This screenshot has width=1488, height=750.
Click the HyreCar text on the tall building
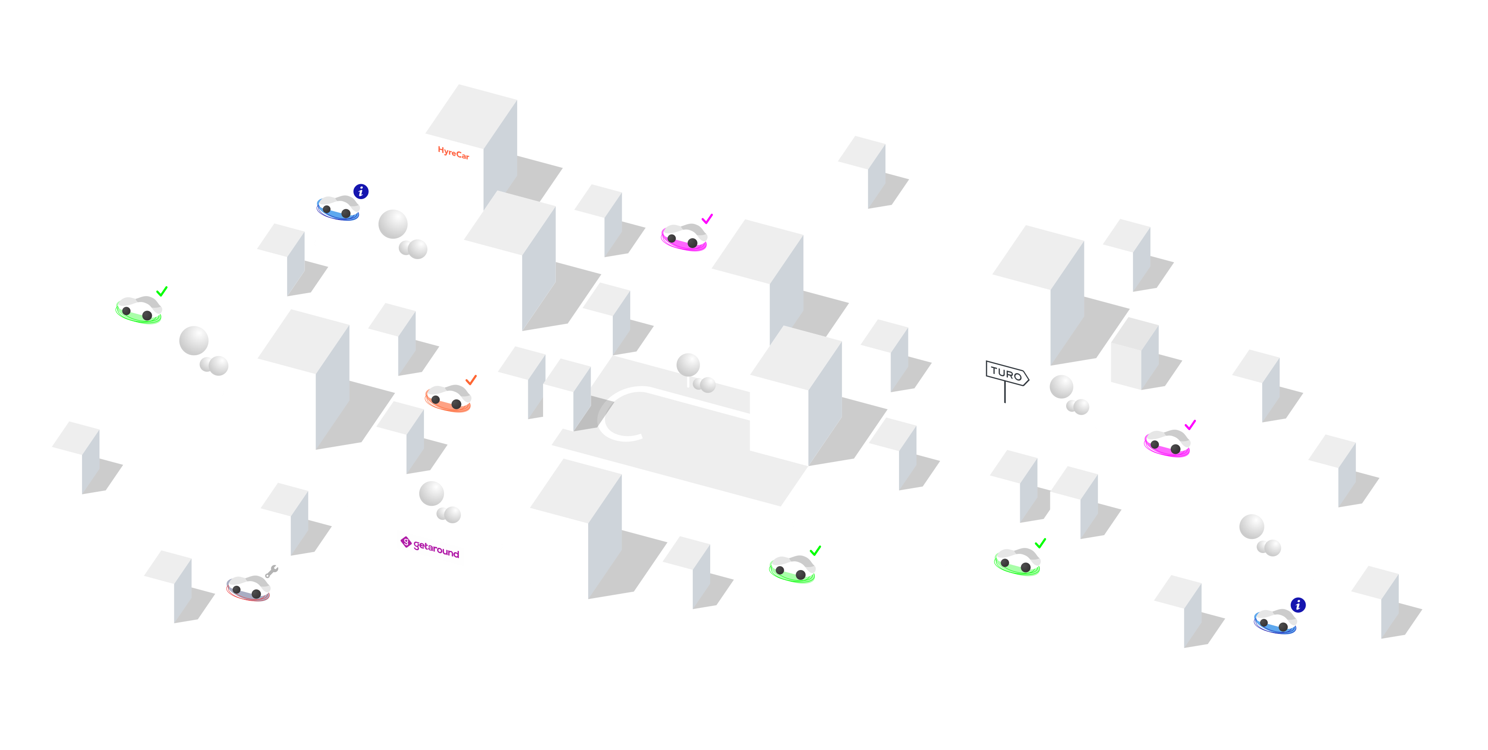(x=453, y=153)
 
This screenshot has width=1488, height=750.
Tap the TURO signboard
(x=1006, y=373)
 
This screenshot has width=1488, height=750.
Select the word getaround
(x=437, y=548)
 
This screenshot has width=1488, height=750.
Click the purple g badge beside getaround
(x=406, y=542)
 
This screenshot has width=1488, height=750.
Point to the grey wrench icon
(x=271, y=571)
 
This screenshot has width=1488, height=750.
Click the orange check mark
(x=471, y=379)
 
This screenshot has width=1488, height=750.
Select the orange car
(x=448, y=398)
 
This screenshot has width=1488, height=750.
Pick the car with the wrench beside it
(x=248, y=588)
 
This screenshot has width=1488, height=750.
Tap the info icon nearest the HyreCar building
(x=361, y=191)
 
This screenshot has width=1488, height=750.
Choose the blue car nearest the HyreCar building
(x=338, y=208)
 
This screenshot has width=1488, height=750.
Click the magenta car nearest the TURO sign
(x=1167, y=443)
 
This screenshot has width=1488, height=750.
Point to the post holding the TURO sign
(x=1005, y=394)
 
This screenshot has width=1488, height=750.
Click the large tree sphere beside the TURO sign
(x=1061, y=387)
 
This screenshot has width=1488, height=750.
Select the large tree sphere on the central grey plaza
(x=688, y=365)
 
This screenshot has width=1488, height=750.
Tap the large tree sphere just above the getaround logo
(x=432, y=493)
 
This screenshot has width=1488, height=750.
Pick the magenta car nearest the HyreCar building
(x=684, y=237)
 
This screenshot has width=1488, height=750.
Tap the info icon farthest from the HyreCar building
(x=1298, y=605)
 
